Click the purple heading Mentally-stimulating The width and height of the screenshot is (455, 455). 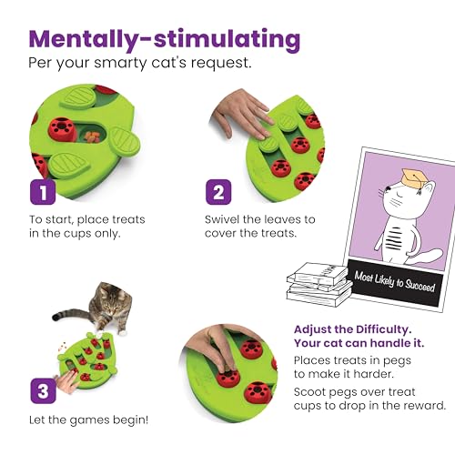(164, 39)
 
